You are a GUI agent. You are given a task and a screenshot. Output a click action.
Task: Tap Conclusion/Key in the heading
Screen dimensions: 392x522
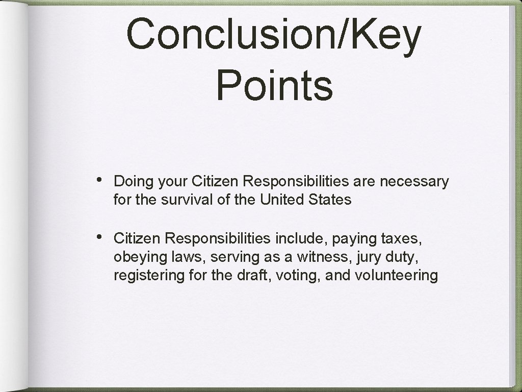(274, 33)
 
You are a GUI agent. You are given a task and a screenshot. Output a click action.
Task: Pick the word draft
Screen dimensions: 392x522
(253, 275)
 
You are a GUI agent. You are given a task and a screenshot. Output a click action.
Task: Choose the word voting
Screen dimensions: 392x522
(298, 276)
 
